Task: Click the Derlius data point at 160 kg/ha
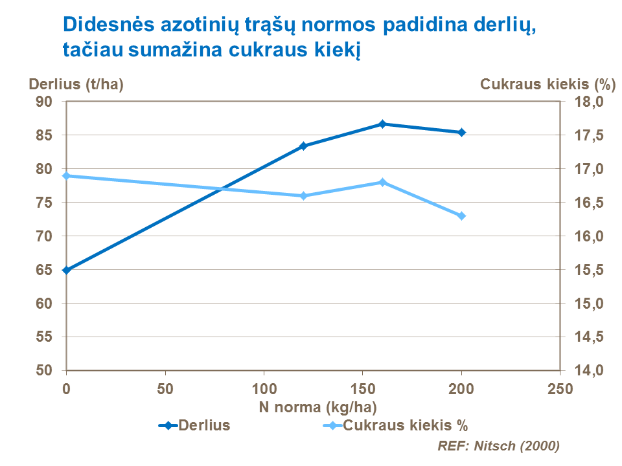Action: (x=382, y=124)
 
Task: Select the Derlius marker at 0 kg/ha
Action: (x=66, y=270)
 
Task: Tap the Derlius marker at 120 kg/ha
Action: (x=303, y=146)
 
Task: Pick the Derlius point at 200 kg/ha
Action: (x=462, y=132)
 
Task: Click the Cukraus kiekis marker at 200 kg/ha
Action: (x=462, y=216)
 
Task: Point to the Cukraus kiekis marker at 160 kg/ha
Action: (x=382, y=183)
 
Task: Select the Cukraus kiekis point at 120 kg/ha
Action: (x=303, y=195)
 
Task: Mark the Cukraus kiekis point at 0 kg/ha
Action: (x=66, y=176)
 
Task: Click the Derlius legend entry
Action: (x=194, y=425)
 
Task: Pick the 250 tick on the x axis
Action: (x=560, y=389)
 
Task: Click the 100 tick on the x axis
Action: (x=264, y=389)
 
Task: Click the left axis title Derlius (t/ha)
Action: (x=76, y=84)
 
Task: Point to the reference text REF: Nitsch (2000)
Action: (x=498, y=446)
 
